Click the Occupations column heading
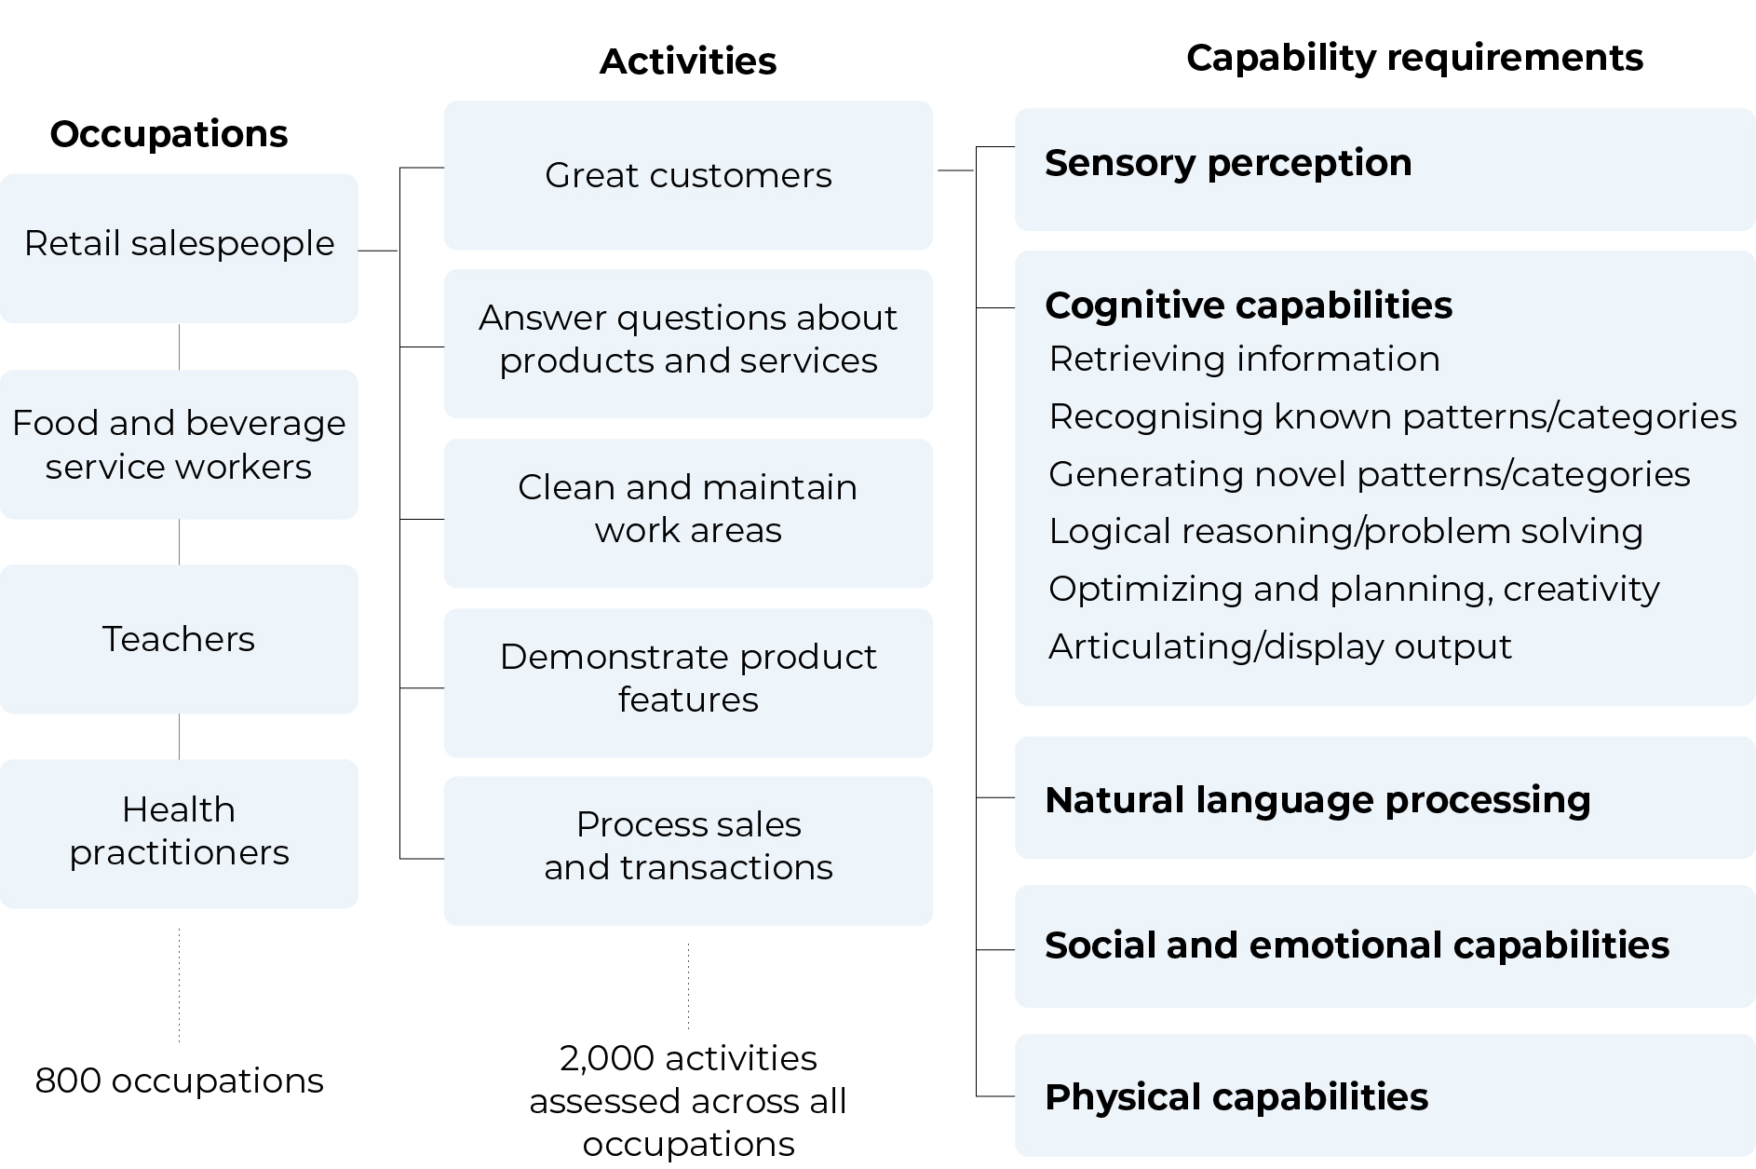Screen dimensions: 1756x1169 click(x=169, y=134)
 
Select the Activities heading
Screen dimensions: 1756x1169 click(x=688, y=61)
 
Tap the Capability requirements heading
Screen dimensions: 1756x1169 click(x=1414, y=58)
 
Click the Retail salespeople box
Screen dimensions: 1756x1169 click(x=179, y=249)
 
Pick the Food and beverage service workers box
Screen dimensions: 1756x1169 click(x=179, y=444)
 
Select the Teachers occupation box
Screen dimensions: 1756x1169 click(x=179, y=639)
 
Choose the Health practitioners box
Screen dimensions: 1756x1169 click(x=179, y=834)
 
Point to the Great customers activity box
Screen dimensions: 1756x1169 click(x=688, y=175)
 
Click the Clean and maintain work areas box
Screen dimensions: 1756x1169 click(x=688, y=513)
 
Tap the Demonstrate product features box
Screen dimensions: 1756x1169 click(x=688, y=683)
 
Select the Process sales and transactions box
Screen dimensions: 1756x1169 click(x=688, y=850)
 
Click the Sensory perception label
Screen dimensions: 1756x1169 click(x=1228, y=163)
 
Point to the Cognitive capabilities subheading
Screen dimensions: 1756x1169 click(x=1249, y=306)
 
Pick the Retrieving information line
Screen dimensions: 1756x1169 click(x=1244, y=359)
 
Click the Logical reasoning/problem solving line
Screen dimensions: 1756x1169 click(x=1345, y=531)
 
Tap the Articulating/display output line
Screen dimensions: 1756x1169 click(x=1280, y=646)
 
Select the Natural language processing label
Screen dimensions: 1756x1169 click(x=1317, y=800)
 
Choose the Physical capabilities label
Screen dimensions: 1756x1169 click(x=1236, y=1097)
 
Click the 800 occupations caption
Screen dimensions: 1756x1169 click(x=179, y=1081)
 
